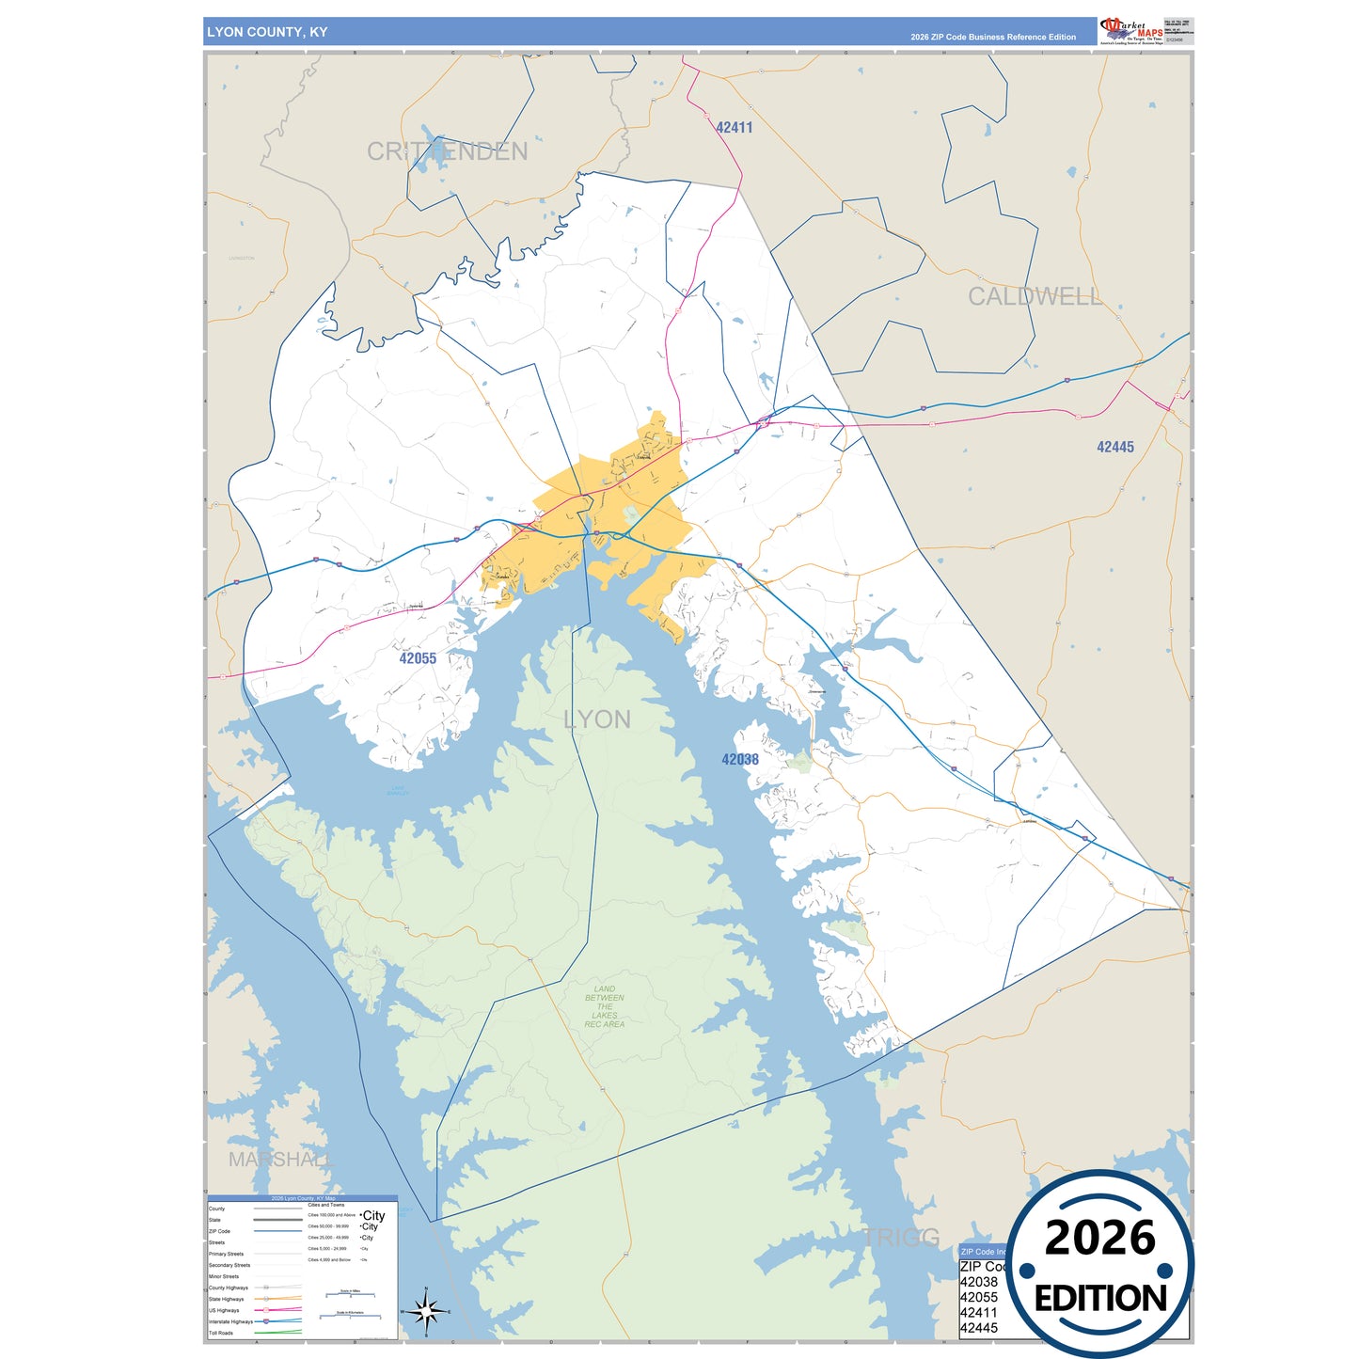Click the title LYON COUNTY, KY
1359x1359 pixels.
pyautogui.click(x=267, y=32)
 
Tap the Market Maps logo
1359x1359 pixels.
pyautogui.click(x=1131, y=30)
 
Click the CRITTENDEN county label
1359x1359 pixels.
pyautogui.click(x=447, y=151)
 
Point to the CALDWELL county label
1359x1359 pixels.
pyautogui.click(x=1035, y=296)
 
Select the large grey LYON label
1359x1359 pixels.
pyautogui.click(x=596, y=719)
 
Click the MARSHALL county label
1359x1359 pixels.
pyautogui.click(x=280, y=1160)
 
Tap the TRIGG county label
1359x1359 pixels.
pyautogui.click(x=901, y=1238)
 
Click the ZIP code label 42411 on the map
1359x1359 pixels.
pyautogui.click(x=734, y=128)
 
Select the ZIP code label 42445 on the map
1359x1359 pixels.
pyautogui.click(x=1114, y=448)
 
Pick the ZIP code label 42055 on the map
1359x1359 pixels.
pyautogui.click(x=418, y=658)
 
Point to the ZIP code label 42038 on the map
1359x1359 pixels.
pyautogui.click(x=740, y=760)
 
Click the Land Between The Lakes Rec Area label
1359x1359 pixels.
pyautogui.click(x=604, y=1006)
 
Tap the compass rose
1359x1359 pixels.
pyautogui.click(x=426, y=1311)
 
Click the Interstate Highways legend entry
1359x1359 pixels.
pyautogui.click(x=230, y=1321)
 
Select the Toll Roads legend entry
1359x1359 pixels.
pyautogui.click(x=221, y=1333)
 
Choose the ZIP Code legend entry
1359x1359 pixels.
pyautogui.click(x=219, y=1231)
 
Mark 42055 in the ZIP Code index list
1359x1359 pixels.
pyautogui.click(x=978, y=1297)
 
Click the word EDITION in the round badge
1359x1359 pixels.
pyautogui.click(x=1100, y=1299)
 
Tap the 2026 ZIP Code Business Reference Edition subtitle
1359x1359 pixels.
pyautogui.click(x=992, y=38)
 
